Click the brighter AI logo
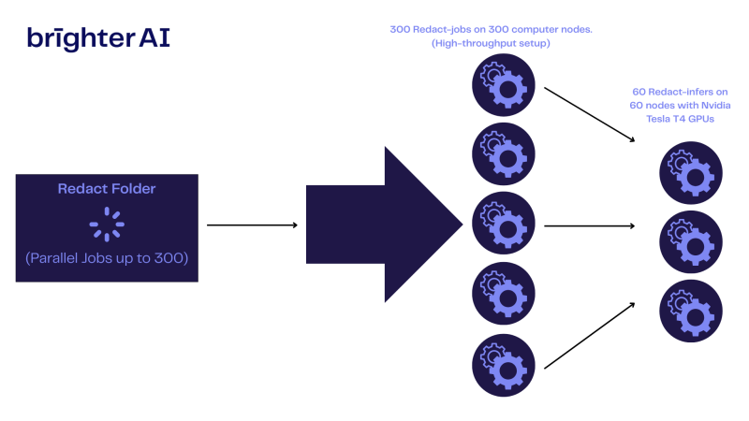[x=98, y=37]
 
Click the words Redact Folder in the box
[x=107, y=189]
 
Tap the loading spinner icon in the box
[x=107, y=225]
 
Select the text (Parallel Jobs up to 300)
[x=107, y=258]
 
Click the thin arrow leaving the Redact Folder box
[x=251, y=225]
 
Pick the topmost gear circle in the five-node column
[x=504, y=82]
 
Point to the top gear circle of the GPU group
[x=690, y=172]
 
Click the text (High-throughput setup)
[x=492, y=43]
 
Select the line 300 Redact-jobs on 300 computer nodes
[x=492, y=30]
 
